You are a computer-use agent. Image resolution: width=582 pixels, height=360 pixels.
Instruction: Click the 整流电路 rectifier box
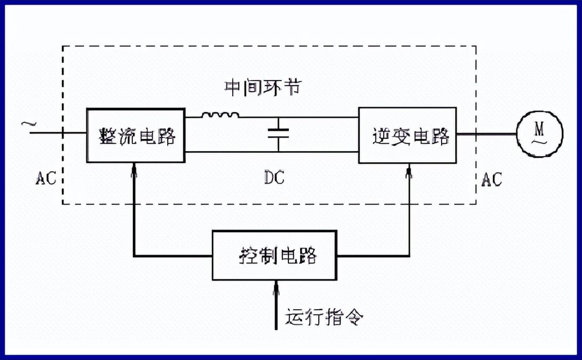point(136,136)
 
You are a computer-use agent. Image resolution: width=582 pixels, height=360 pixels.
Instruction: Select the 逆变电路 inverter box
point(407,136)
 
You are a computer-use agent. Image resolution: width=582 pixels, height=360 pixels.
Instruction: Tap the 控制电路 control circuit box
point(274,256)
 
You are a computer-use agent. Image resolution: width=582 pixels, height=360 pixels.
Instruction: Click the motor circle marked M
point(540,134)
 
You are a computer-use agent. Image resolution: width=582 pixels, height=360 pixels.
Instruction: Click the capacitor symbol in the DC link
point(278,133)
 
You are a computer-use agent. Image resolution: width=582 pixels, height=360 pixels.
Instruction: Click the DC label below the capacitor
point(274,178)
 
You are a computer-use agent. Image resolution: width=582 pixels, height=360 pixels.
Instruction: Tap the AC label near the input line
point(46,178)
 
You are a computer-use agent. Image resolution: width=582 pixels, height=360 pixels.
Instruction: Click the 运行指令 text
point(325,317)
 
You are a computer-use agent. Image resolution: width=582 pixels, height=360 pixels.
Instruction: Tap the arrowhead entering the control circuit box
point(276,287)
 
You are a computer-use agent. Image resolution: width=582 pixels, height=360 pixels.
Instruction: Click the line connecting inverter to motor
point(486,134)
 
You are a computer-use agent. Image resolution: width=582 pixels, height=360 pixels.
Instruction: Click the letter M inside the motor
point(540,128)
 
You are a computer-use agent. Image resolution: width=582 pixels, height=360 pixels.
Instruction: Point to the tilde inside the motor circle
point(540,141)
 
